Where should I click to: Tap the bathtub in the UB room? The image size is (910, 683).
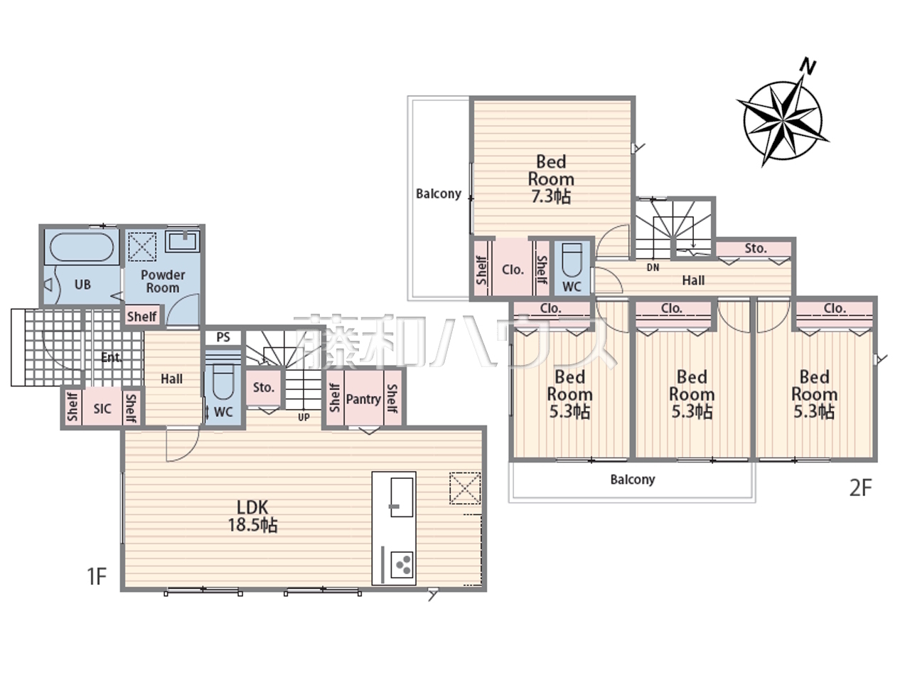(x=82, y=247)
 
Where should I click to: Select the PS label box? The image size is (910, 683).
(x=223, y=337)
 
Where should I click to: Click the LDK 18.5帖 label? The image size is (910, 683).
(x=252, y=516)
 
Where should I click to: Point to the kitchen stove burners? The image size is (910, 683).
(x=403, y=564)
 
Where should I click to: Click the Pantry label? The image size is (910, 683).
(x=363, y=399)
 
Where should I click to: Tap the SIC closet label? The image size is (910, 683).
(x=102, y=409)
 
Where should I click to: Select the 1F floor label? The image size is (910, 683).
(x=97, y=576)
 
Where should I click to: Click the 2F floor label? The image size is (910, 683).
(x=861, y=488)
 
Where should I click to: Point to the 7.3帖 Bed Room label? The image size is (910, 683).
(x=551, y=179)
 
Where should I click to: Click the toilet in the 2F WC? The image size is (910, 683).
(x=572, y=260)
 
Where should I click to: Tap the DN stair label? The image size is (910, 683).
(x=653, y=268)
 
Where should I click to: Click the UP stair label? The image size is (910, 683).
(x=304, y=417)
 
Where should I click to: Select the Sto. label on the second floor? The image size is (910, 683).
(x=755, y=248)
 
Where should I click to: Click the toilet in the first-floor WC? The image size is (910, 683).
(x=223, y=381)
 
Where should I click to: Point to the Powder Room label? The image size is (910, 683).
(x=163, y=281)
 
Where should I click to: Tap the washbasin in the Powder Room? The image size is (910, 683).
(x=183, y=241)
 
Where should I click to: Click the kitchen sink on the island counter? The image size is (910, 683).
(x=402, y=497)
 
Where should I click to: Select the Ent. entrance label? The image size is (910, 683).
(x=111, y=357)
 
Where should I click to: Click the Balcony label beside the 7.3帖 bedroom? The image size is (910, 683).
(x=439, y=194)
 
